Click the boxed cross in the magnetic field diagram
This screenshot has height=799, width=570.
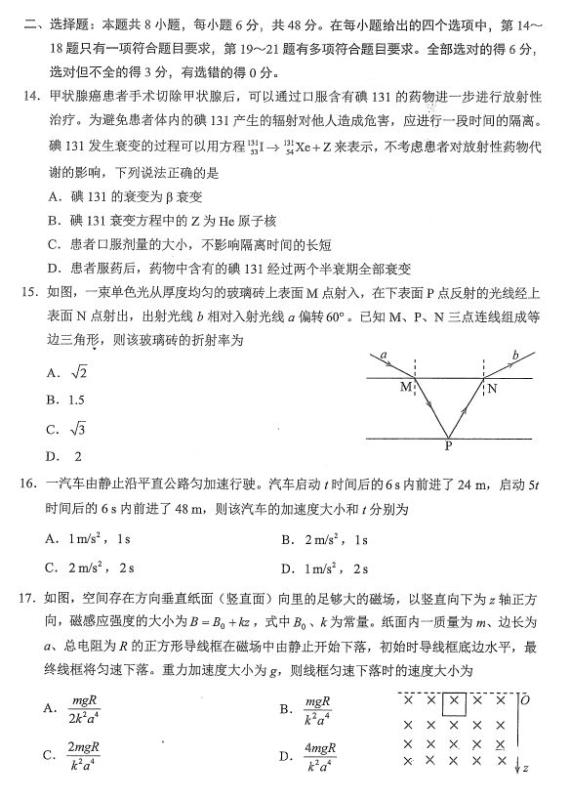click(455, 700)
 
